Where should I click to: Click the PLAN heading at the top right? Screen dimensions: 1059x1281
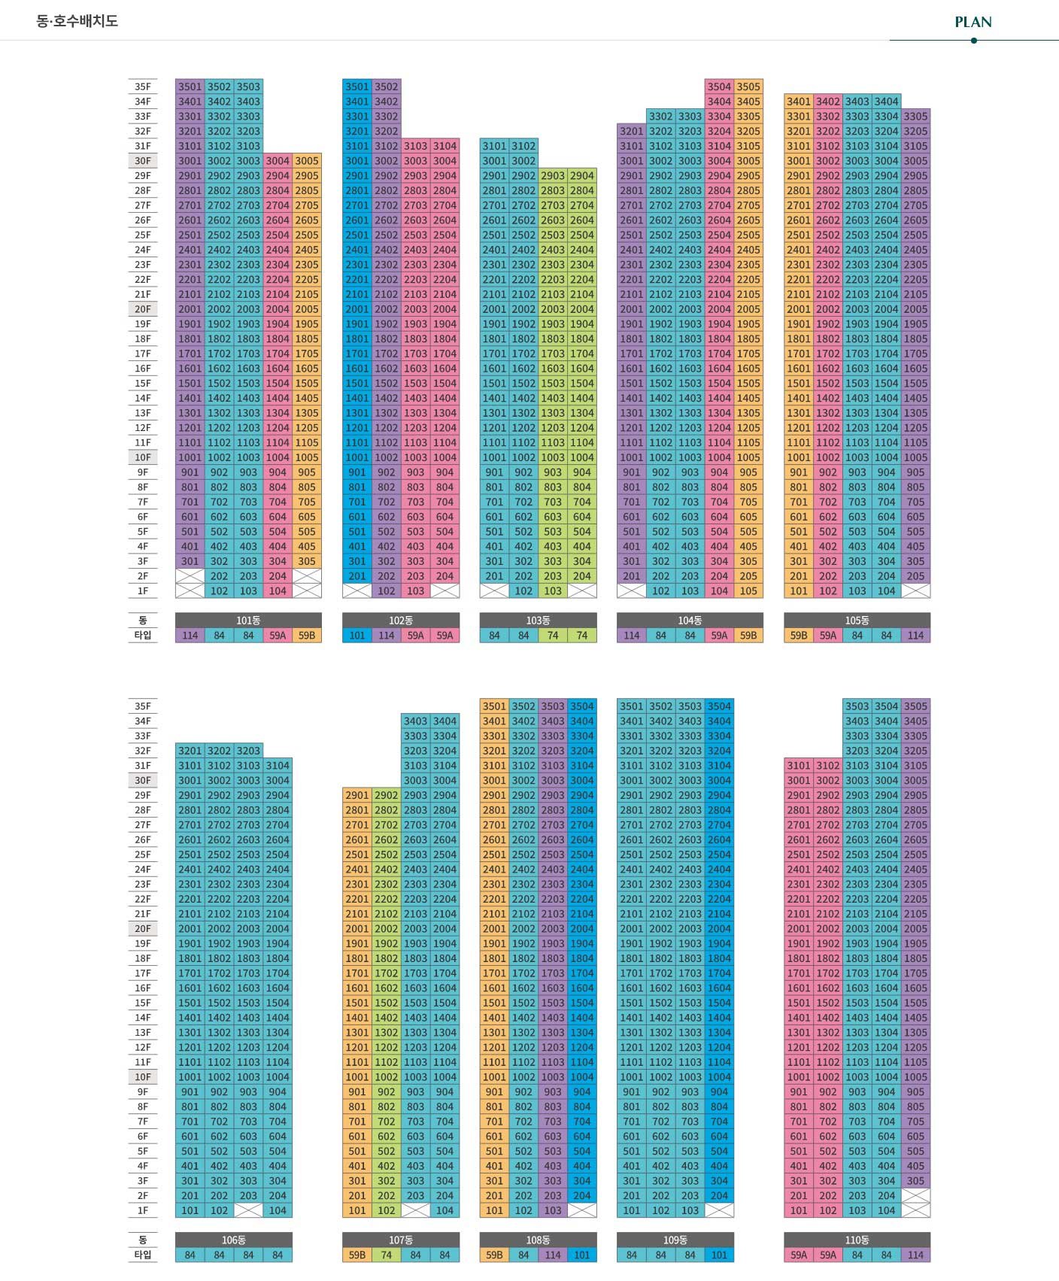[x=973, y=22]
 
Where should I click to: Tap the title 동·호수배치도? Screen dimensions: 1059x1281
[x=77, y=20]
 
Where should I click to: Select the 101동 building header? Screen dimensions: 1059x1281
[x=248, y=621]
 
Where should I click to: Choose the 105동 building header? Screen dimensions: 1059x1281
[x=857, y=621]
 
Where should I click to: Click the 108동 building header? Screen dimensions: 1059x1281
[x=538, y=1240]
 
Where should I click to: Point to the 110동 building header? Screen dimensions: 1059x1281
[x=857, y=1240]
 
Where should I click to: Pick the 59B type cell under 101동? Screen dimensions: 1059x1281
[x=307, y=636]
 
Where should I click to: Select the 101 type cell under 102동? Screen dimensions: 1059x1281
[x=357, y=636]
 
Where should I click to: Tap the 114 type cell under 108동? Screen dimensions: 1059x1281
[x=553, y=1255]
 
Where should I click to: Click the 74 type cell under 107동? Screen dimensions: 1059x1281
[x=386, y=1255]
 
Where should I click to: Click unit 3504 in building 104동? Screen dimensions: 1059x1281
[x=719, y=87]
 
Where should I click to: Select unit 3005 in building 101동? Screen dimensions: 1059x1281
[x=307, y=160]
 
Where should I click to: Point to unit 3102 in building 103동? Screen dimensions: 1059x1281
[x=523, y=146]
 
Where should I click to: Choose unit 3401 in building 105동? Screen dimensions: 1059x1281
[x=798, y=102]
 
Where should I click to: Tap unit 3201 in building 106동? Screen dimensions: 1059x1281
[x=190, y=751]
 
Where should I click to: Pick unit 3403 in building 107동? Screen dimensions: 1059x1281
[x=415, y=721]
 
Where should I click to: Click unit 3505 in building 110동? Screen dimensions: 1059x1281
[x=915, y=706]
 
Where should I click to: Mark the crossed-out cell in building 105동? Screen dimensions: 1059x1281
[x=915, y=591]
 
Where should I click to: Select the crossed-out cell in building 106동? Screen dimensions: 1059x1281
[x=248, y=1210]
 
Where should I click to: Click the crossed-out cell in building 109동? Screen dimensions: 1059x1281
[x=719, y=1210]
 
